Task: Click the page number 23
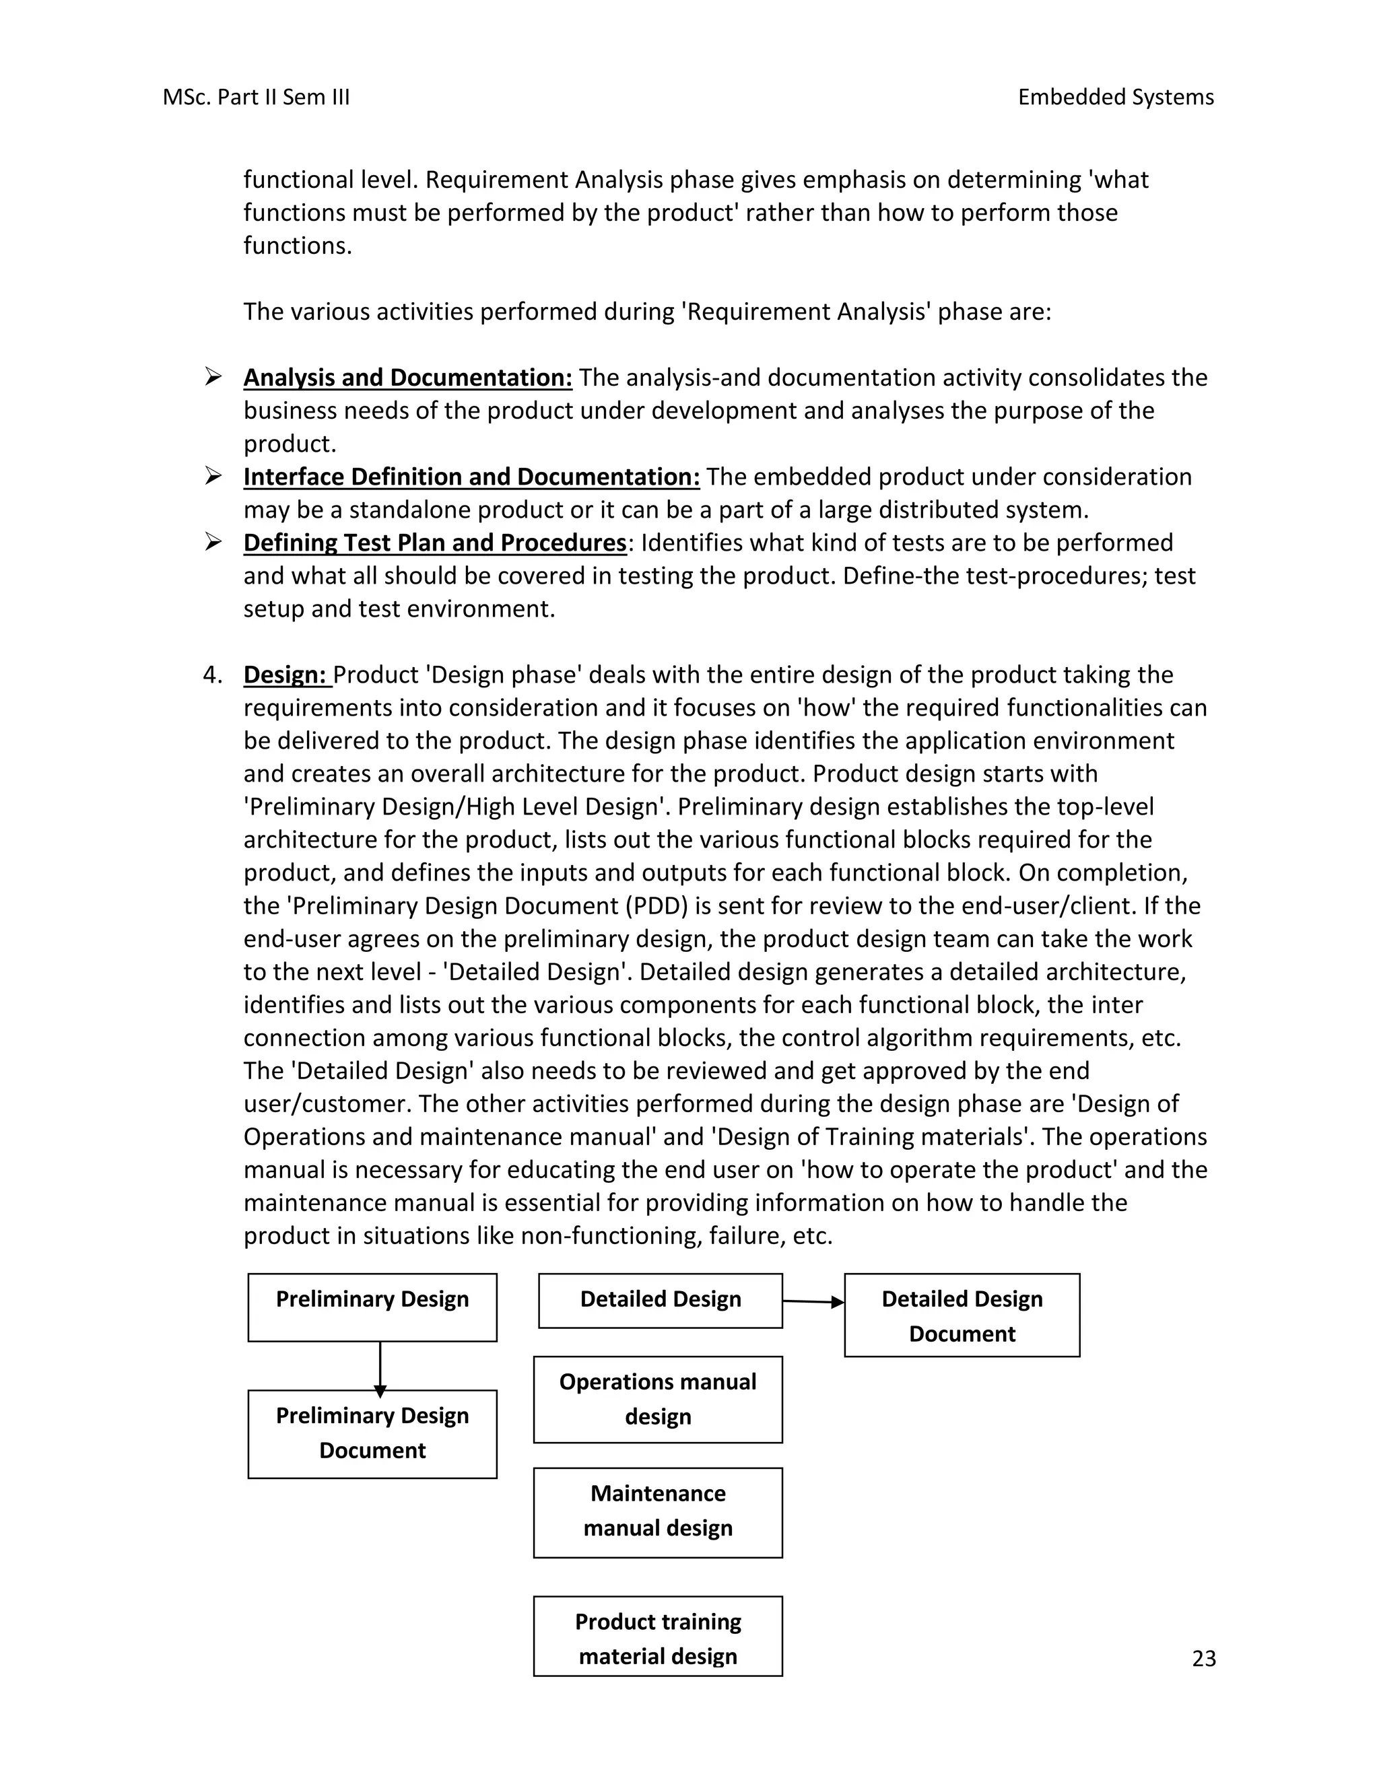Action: [x=1203, y=1658]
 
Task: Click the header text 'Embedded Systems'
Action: [x=1115, y=97]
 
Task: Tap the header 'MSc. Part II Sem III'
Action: [x=256, y=97]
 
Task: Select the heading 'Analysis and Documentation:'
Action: [x=407, y=378]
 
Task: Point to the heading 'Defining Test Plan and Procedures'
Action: [x=434, y=543]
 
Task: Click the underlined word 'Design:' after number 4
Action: [x=286, y=675]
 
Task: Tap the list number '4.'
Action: [x=212, y=675]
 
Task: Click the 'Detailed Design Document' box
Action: [x=962, y=1316]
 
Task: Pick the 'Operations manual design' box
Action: [x=658, y=1400]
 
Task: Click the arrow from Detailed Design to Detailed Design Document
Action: [x=813, y=1302]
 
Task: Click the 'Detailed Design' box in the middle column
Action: [x=660, y=1301]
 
